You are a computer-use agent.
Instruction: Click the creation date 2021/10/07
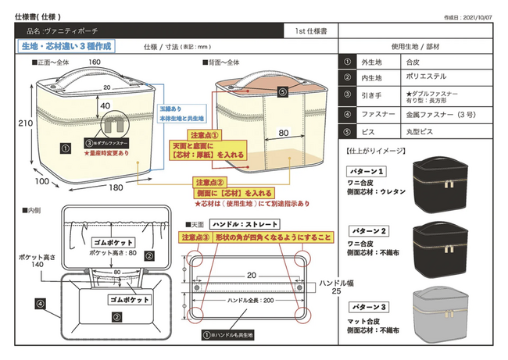[x=478, y=16]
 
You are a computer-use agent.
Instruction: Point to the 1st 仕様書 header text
[x=311, y=30]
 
